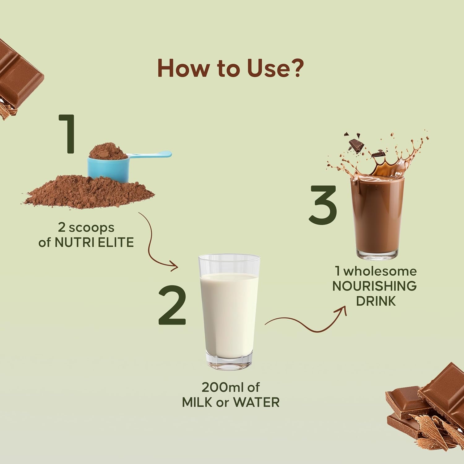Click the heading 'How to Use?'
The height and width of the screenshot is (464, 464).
[x=230, y=68]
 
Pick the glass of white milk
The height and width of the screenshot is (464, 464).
[x=229, y=312]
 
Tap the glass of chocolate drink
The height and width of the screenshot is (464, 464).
[x=377, y=217]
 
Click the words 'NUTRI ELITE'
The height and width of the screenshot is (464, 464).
[x=94, y=243]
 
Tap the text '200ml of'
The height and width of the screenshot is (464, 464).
[x=230, y=387]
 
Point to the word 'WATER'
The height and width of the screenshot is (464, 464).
[x=256, y=402]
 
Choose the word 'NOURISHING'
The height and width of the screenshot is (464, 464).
[x=375, y=286]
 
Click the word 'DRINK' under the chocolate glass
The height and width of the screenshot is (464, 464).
[x=376, y=301]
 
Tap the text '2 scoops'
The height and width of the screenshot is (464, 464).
[x=86, y=228]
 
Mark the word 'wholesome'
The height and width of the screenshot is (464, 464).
[x=380, y=271]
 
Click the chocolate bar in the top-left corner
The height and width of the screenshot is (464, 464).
[x=19, y=79]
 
